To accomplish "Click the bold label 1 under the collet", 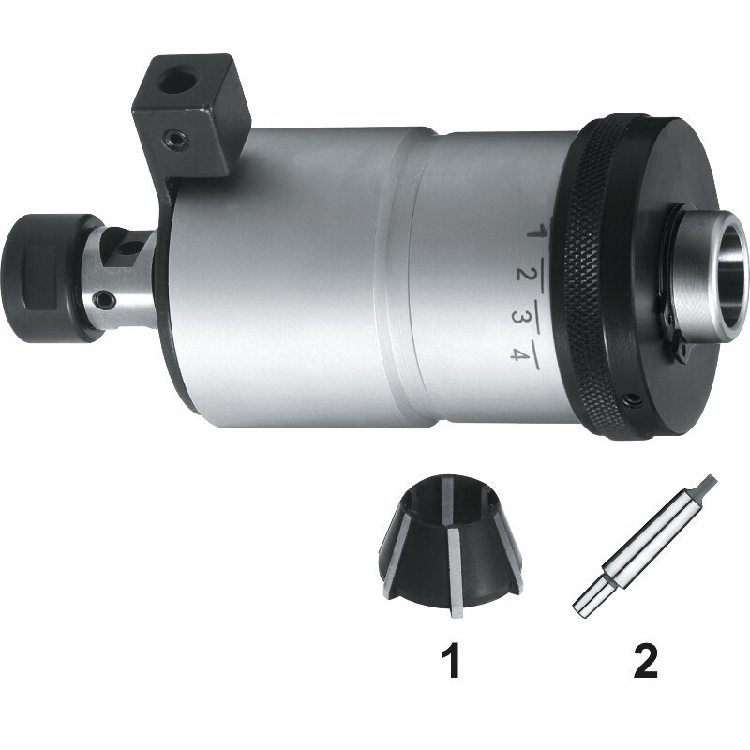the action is tap(453, 661).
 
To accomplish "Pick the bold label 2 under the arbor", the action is tap(646, 661).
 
